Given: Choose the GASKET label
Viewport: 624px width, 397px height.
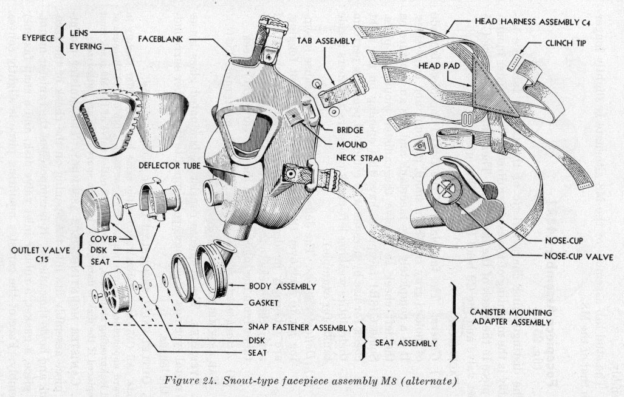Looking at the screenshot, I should coord(263,302).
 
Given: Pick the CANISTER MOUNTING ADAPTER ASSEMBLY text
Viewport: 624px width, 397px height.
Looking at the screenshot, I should coord(510,317).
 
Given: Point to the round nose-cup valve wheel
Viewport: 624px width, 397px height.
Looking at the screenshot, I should coord(445,190).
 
